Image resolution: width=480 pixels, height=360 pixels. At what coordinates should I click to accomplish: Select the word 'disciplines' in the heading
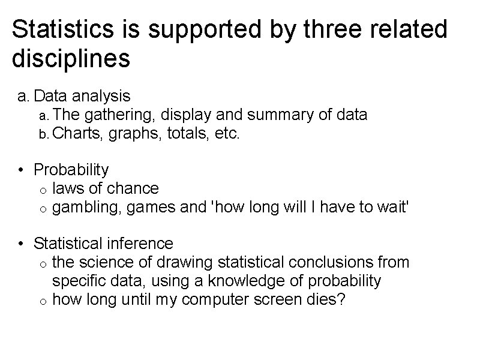(x=71, y=59)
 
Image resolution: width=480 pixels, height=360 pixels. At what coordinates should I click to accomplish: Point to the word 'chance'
(x=133, y=188)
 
